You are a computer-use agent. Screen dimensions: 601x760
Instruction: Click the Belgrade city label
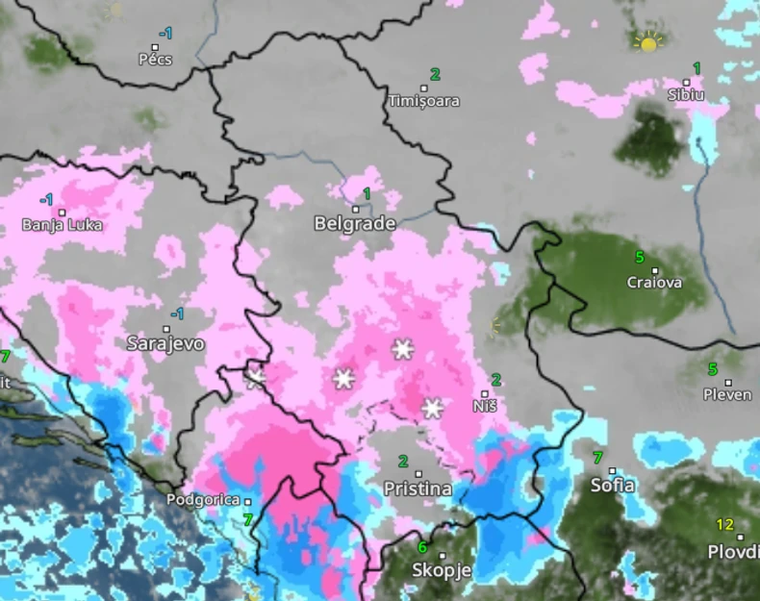(x=355, y=224)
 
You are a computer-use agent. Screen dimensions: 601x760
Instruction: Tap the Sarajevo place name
(x=165, y=343)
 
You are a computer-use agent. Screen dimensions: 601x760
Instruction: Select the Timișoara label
(x=423, y=101)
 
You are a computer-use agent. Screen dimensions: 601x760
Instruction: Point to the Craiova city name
(x=654, y=283)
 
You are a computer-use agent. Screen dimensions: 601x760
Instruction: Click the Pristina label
(x=418, y=488)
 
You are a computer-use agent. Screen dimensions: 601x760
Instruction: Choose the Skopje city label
(x=442, y=569)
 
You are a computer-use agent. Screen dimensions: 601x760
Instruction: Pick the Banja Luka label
(x=62, y=226)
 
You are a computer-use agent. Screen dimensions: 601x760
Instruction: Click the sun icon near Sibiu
(x=649, y=42)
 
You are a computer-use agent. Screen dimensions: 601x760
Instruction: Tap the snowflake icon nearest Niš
(x=433, y=408)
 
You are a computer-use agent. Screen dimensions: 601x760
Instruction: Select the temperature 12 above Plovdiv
(x=724, y=525)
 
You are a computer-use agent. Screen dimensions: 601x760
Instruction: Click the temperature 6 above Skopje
(x=421, y=547)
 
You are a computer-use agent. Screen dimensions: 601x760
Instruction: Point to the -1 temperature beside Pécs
(x=165, y=34)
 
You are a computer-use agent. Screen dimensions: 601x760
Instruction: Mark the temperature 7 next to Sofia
(x=597, y=458)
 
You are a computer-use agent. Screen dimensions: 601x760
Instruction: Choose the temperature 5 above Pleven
(x=713, y=369)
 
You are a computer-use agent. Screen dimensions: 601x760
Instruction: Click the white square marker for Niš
(x=486, y=394)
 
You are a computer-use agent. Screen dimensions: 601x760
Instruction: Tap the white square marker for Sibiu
(x=687, y=83)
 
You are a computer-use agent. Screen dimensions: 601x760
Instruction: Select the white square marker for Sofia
(x=612, y=471)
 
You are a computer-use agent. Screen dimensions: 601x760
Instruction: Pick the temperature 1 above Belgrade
(x=367, y=194)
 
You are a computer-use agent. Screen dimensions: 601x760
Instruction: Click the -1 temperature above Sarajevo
(x=177, y=314)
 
